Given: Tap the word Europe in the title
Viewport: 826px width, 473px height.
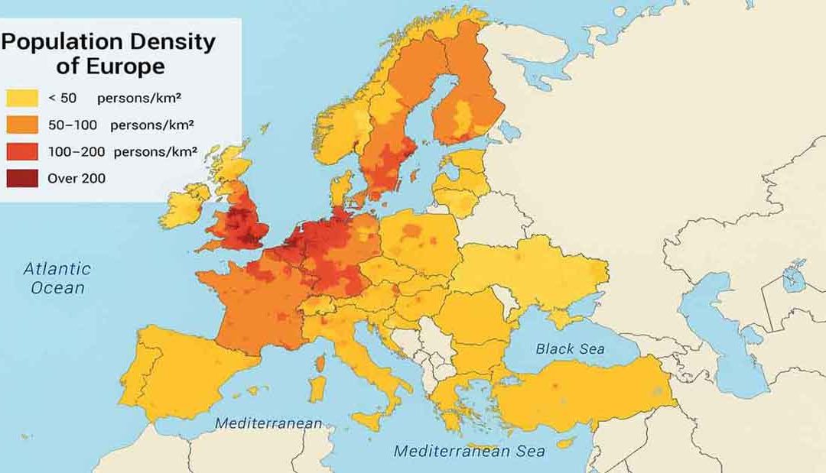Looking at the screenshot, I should click(x=126, y=66).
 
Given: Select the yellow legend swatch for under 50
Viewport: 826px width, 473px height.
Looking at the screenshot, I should click(x=22, y=99).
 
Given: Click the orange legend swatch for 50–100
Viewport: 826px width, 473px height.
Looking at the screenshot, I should click(x=22, y=125).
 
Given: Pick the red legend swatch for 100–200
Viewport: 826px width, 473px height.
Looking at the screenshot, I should click(x=22, y=152).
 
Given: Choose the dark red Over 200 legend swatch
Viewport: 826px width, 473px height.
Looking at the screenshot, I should click(x=22, y=178).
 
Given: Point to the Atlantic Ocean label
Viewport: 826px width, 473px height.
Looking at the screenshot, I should click(x=57, y=278).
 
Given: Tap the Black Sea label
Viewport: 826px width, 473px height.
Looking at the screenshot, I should click(x=570, y=349).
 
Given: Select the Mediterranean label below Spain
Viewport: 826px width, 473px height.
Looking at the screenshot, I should click(x=268, y=423).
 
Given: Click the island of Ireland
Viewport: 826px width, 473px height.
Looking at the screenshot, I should click(x=182, y=206).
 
